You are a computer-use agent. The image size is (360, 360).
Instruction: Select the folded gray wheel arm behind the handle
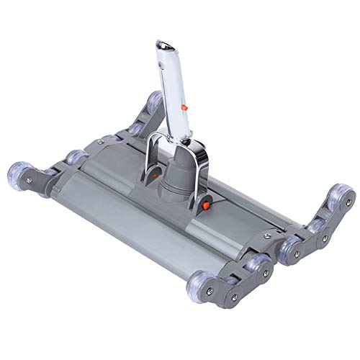pyautogui.click(x=140, y=119)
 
